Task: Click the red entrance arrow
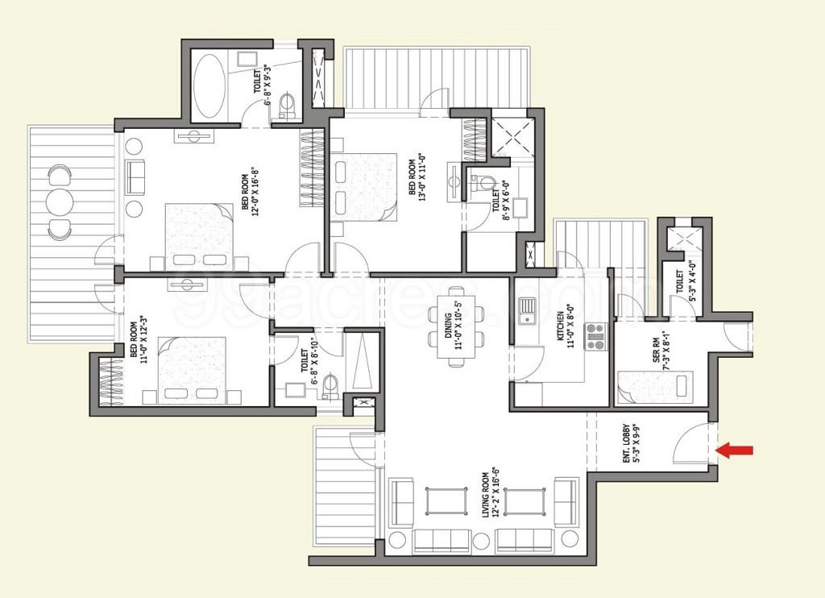pyautogui.click(x=735, y=450)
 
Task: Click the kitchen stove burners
pyautogui.click(x=595, y=337)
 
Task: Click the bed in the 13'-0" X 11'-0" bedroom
pyautogui.click(x=365, y=185)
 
